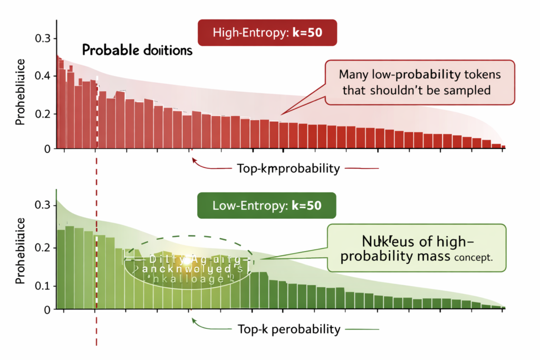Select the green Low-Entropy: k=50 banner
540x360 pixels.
pyautogui.click(x=266, y=206)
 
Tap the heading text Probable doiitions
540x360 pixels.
pyautogui.click(x=137, y=51)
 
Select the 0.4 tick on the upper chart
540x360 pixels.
pyautogui.click(x=43, y=76)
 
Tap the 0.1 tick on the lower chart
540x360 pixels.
pyautogui.click(x=43, y=286)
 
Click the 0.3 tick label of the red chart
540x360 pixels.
pyautogui.click(x=43, y=38)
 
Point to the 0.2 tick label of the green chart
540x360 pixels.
pyautogui.click(x=43, y=247)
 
